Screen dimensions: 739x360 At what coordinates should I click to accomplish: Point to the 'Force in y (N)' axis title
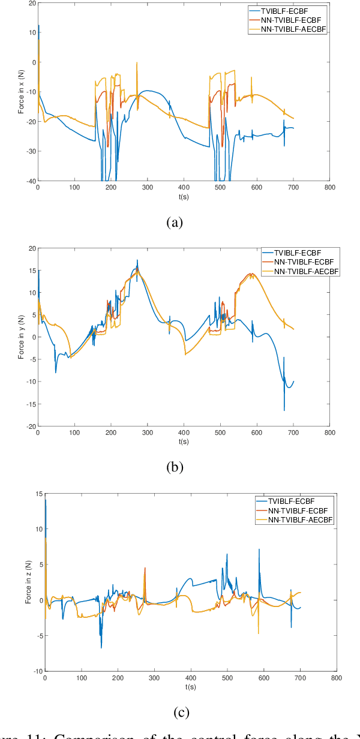pos(21,337)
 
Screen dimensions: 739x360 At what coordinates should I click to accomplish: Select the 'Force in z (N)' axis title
pos(28,582)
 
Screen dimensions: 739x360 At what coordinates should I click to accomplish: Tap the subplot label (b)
pos(174,467)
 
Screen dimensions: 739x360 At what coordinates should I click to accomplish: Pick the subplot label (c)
pos(181,712)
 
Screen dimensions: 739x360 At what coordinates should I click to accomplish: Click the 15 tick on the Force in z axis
pos(38,494)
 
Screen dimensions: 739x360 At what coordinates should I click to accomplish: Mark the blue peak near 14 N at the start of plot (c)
pos(46,500)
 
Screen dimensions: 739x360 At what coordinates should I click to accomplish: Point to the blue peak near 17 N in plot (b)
pos(137,260)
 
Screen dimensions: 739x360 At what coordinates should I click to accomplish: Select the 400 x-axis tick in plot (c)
pos(191,678)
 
